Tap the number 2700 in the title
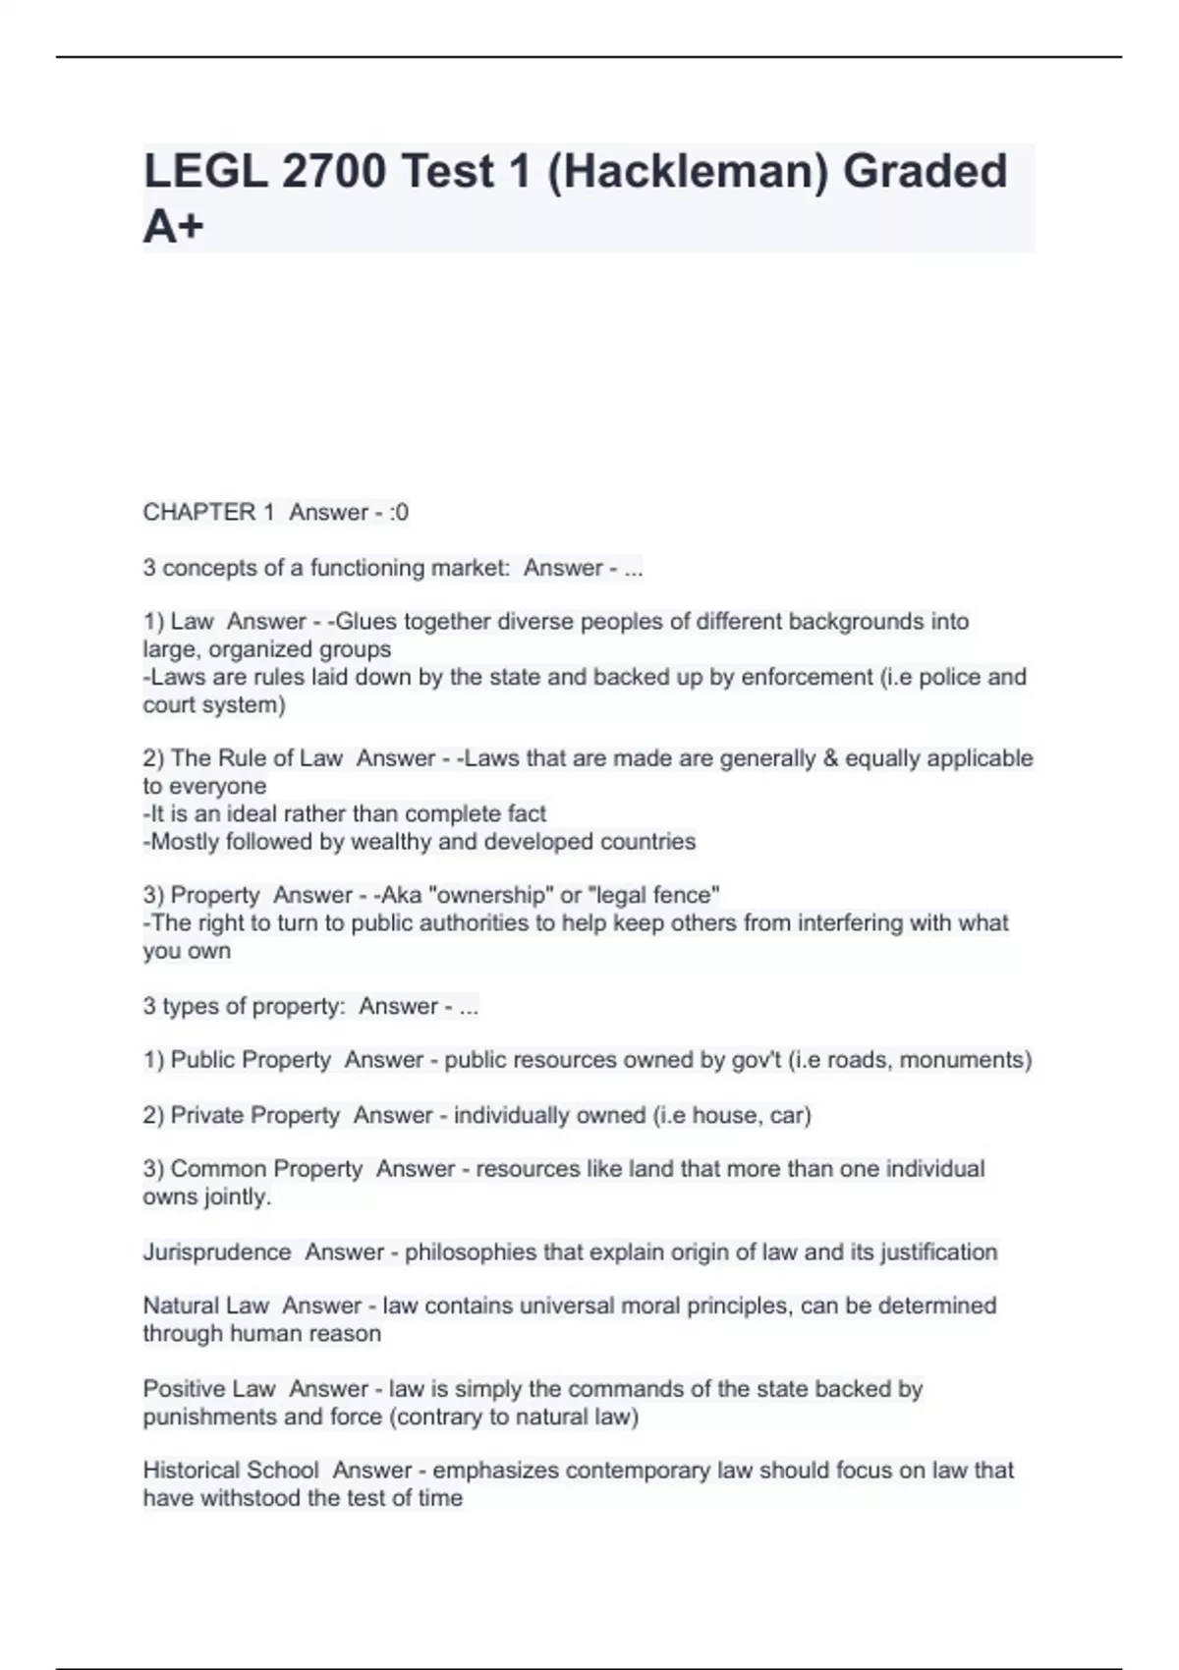pyautogui.click(x=333, y=172)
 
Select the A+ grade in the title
pyautogui.click(x=174, y=227)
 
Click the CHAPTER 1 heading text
pyautogui.click(x=208, y=512)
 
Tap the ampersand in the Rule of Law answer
pyautogui.click(x=830, y=758)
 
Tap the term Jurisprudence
pyautogui.click(x=217, y=1252)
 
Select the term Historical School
pyautogui.click(x=231, y=1471)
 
